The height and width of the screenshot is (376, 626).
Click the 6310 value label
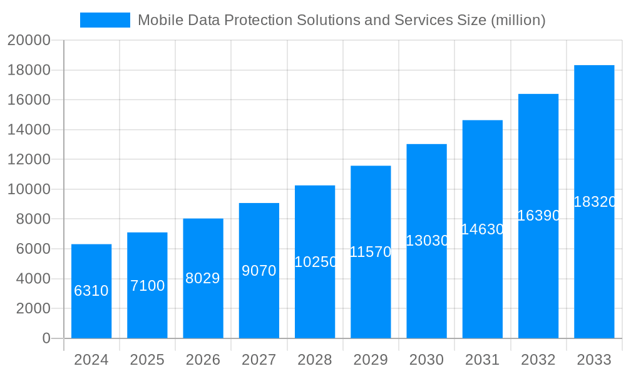tap(91, 291)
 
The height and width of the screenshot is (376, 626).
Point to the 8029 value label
tap(203, 278)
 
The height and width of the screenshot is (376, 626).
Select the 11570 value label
tap(371, 252)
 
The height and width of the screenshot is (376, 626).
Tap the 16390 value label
tap(538, 216)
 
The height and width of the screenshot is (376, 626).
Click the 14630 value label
tap(483, 229)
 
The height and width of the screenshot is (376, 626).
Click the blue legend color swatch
tap(105, 20)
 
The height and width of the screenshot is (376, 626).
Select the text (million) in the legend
tap(518, 20)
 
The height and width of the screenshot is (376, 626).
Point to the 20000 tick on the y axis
tap(29, 40)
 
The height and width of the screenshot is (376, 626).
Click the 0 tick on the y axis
tap(46, 338)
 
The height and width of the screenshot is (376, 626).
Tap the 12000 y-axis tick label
tap(29, 159)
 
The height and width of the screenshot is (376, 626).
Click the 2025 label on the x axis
tap(147, 360)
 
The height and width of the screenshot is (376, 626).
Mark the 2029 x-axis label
tap(371, 360)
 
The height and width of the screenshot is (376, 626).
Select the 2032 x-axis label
tap(538, 360)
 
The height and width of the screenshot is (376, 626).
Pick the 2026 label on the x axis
tap(203, 360)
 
